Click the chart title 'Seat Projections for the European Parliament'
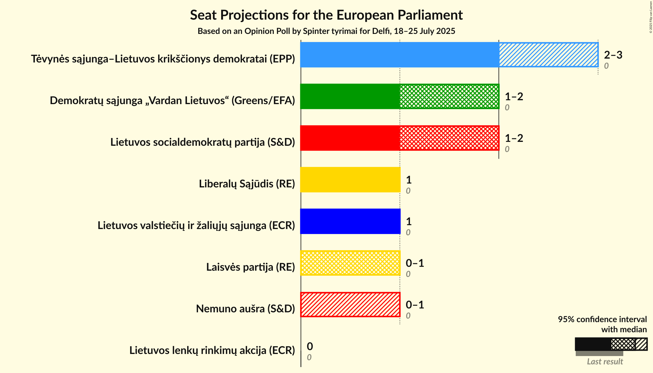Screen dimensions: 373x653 tap(326, 15)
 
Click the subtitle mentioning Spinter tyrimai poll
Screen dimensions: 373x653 tap(326, 31)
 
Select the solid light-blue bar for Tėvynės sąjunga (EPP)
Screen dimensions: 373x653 tap(399, 55)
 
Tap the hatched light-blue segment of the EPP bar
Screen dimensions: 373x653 tap(548, 55)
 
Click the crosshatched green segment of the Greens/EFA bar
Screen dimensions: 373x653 tap(449, 96)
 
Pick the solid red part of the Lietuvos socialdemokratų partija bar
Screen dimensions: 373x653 tap(350, 138)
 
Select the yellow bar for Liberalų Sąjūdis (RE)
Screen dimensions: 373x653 tap(350, 180)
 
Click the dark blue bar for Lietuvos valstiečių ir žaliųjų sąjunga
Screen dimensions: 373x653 tap(350, 221)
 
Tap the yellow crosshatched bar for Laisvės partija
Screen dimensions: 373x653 tap(350, 263)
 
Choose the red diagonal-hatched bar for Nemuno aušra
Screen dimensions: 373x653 tap(350, 305)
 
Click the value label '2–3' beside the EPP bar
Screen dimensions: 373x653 tap(613, 55)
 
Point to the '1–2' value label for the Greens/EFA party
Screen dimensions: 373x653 tap(514, 97)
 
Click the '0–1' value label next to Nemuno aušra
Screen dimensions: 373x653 tap(415, 305)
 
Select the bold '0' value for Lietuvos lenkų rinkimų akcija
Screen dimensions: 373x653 tap(310, 347)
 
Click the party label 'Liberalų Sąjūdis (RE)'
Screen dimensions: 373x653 tap(247, 184)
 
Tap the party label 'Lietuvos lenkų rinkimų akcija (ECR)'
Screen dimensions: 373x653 tap(212, 350)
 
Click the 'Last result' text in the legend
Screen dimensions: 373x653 tap(605, 362)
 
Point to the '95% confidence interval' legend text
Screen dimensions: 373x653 tap(602, 319)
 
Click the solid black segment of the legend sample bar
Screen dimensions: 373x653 tap(593, 344)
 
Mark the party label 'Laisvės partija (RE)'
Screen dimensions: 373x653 tap(250, 267)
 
